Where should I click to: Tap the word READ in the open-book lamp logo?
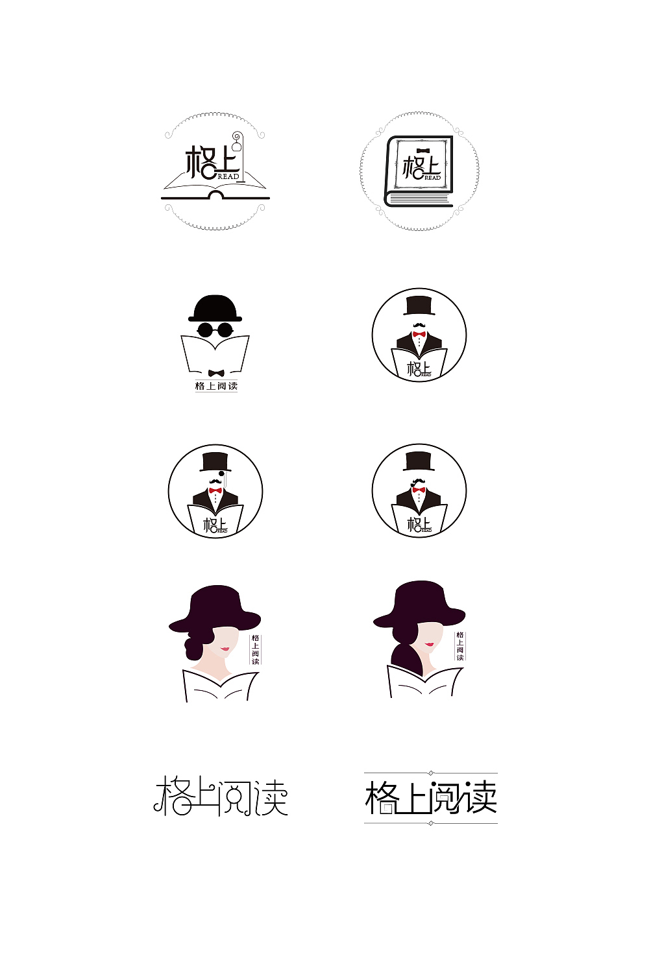pos(228,176)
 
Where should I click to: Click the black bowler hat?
pos(215,309)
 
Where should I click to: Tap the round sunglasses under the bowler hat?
pos(215,330)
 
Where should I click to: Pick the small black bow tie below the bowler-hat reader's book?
pos(216,373)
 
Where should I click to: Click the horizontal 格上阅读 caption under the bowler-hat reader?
pos(216,386)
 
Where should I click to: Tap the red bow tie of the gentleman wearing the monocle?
pos(215,490)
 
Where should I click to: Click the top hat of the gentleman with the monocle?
pos(215,462)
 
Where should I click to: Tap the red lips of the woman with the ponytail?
pos(430,644)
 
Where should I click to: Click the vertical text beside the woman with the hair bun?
pos(255,649)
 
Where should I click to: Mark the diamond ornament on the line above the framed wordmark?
pos(431,773)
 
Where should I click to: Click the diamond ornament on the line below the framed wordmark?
pos(431,823)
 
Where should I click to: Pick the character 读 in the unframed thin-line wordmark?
pos(271,797)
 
